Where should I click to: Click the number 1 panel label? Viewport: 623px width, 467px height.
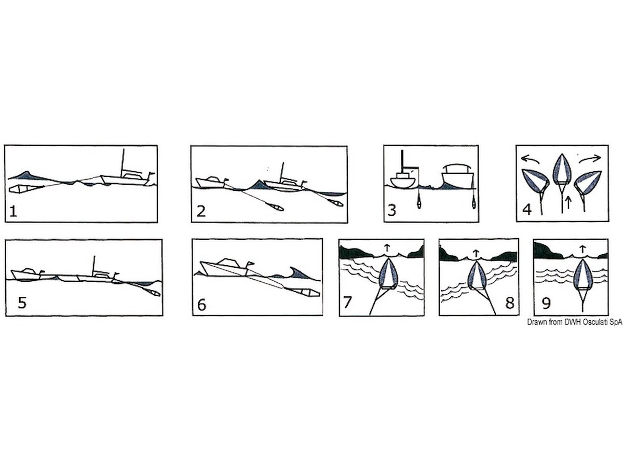tap(13, 212)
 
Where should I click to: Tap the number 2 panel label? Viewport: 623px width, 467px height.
tap(201, 212)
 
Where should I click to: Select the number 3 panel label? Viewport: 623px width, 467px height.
tap(391, 211)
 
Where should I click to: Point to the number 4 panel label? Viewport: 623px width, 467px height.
tap(527, 210)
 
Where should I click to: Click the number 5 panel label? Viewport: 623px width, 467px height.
tap(22, 303)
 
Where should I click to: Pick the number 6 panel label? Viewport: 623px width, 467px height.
tap(201, 305)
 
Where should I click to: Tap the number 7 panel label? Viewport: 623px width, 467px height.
tap(348, 303)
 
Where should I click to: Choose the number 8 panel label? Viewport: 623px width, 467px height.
tap(510, 303)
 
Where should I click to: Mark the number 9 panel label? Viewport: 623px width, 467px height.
tap(546, 303)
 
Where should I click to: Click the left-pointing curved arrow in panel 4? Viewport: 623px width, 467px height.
tap(531, 159)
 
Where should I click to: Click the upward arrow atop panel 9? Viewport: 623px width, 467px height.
tap(583, 249)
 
